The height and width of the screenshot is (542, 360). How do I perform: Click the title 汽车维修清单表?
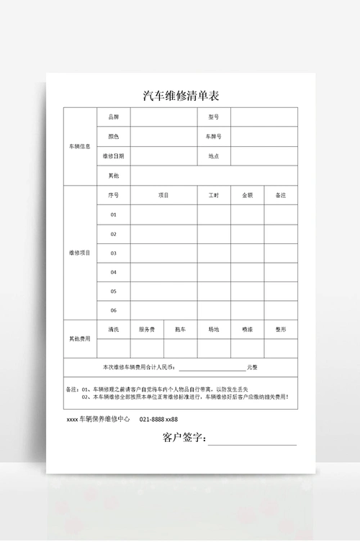180,96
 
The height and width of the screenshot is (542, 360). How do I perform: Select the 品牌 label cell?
113,117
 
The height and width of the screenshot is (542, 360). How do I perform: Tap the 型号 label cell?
214,117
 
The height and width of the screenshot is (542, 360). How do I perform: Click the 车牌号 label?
214,136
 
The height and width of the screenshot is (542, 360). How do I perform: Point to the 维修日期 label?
113,155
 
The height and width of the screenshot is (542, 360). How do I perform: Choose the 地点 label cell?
214,155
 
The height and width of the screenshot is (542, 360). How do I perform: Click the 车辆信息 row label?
80,146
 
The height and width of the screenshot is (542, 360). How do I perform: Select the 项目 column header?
163,195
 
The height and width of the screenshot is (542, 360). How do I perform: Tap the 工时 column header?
214,195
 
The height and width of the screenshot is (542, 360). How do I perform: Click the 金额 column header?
247,195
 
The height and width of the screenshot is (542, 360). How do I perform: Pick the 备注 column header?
281,195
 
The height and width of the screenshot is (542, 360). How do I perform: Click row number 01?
113,214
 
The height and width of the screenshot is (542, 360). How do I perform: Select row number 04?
113,272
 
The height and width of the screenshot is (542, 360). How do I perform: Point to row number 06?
113,310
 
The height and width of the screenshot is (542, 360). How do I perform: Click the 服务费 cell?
147,329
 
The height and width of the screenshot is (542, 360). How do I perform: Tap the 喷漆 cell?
247,329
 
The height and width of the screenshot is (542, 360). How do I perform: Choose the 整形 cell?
281,329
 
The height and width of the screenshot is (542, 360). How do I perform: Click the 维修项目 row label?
80,253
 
